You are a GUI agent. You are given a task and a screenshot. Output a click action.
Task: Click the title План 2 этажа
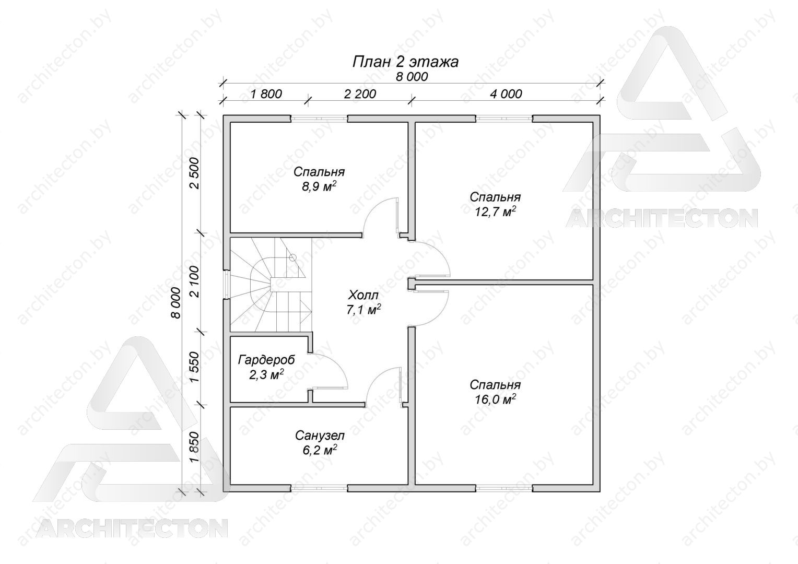[x=405, y=62]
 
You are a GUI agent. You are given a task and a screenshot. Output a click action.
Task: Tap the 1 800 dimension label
[x=266, y=94]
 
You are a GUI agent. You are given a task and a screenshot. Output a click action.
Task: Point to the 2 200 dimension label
[x=360, y=94]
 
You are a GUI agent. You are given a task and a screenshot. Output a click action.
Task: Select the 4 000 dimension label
[x=506, y=94]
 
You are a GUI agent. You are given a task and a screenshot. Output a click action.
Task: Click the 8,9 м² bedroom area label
[x=319, y=186]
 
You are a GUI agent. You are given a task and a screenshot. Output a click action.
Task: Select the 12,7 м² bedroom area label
[x=496, y=211]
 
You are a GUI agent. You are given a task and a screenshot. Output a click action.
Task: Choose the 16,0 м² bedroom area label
[x=496, y=399]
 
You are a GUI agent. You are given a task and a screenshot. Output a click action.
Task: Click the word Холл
[x=363, y=295]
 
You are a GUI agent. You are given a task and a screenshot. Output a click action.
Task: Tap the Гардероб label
[x=266, y=360]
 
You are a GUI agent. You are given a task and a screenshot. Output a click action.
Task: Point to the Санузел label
[x=320, y=436]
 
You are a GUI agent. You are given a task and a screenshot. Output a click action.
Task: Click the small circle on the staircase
[x=293, y=257]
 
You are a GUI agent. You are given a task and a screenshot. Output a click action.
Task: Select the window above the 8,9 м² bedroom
[x=319, y=119]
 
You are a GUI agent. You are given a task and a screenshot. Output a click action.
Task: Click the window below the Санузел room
[x=319, y=488]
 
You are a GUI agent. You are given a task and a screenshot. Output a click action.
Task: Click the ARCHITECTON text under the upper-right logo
[x=662, y=218]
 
